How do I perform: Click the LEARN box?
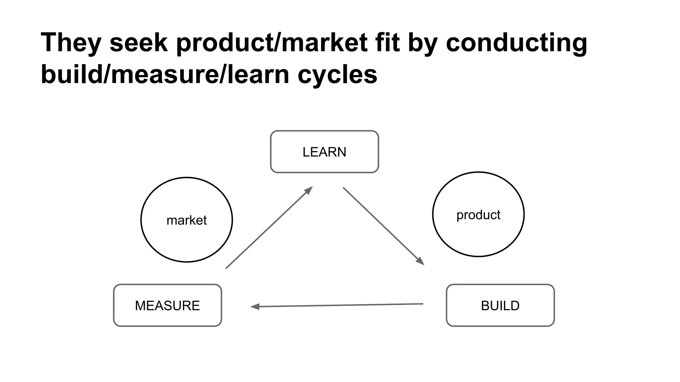point(324,152)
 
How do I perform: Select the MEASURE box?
point(167,305)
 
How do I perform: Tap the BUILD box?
point(500,305)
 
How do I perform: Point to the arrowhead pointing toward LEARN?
point(309,190)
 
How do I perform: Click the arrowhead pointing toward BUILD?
point(421,261)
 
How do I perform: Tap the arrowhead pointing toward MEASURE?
point(255,307)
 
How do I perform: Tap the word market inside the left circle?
point(187,220)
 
